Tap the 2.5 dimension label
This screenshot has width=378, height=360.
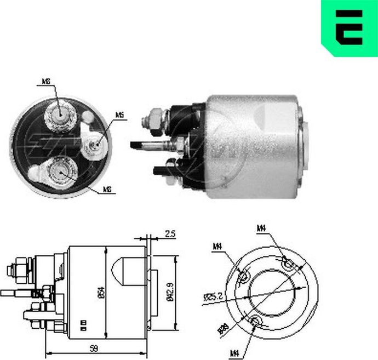click(x=169, y=234)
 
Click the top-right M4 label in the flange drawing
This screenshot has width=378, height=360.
click(x=262, y=228)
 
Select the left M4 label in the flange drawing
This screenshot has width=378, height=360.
click(x=217, y=247)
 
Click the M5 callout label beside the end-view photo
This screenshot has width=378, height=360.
click(x=119, y=116)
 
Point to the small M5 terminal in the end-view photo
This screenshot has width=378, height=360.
click(x=97, y=144)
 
